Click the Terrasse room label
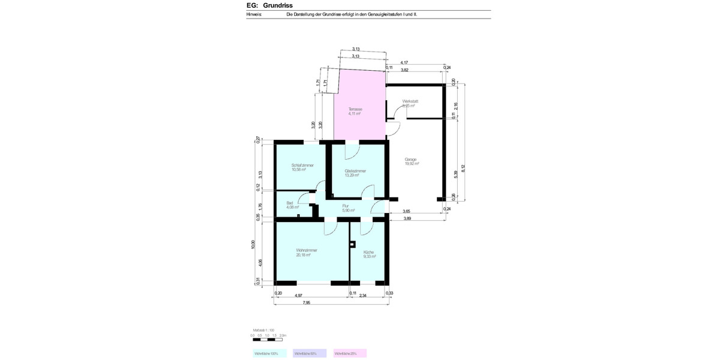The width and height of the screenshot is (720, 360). click(355, 109)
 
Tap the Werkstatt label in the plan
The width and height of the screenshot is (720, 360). click(410, 101)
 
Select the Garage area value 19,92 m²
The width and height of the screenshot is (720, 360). click(412, 164)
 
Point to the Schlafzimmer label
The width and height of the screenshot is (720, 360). click(303, 165)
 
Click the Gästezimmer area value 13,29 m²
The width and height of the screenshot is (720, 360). click(355, 175)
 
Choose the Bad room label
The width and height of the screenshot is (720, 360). click(290, 203)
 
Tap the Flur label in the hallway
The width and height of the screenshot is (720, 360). click(346, 206)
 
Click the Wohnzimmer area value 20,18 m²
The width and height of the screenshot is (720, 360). click(307, 255)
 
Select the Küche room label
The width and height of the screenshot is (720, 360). click(369, 251)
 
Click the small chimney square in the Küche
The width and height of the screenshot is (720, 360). click(352, 244)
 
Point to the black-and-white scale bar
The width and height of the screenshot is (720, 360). click(269, 340)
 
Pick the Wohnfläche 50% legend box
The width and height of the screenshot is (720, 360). click(310, 353)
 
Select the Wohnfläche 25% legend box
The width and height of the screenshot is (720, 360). click(350, 353)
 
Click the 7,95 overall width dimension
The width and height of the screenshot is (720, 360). click(307, 302)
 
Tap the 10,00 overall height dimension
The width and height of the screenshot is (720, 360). click(253, 244)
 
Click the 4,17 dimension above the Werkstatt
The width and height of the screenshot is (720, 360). click(404, 62)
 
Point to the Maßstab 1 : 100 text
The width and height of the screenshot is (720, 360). click(263, 331)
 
